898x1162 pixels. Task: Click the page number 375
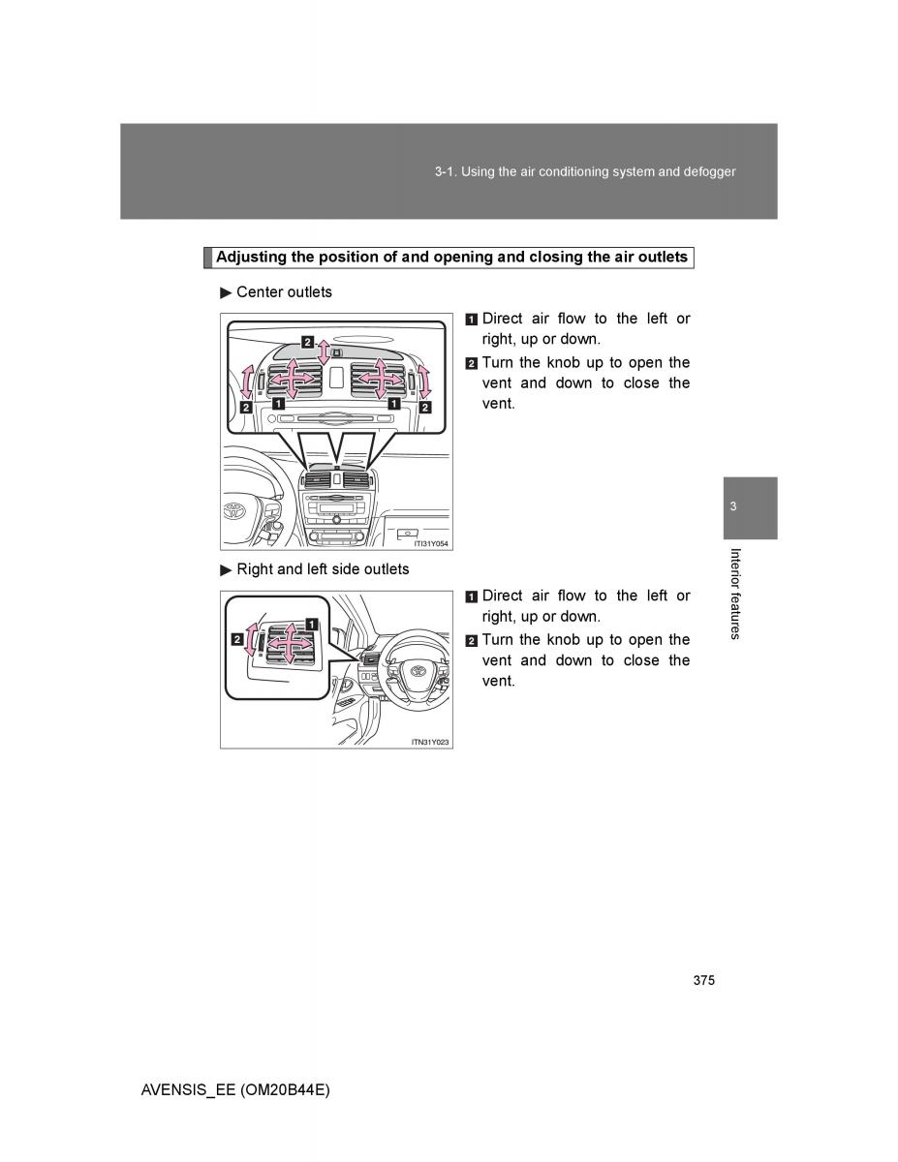pyautogui.click(x=704, y=981)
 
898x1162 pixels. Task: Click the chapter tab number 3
pyautogui.click(x=733, y=507)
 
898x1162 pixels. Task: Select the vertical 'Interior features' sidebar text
pyautogui.click(x=735, y=594)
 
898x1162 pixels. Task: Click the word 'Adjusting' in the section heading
pyautogui.click(x=249, y=258)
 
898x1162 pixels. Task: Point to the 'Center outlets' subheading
pyautogui.click(x=284, y=292)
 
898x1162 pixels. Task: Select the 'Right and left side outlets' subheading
pyautogui.click(x=323, y=569)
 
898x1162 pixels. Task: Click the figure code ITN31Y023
pyautogui.click(x=431, y=742)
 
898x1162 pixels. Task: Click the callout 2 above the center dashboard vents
pyautogui.click(x=307, y=342)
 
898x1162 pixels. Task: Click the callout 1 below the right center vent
pyautogui.click(x=394, y=405)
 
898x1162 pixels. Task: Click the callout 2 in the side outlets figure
pyautogui.click(x=236, y=639)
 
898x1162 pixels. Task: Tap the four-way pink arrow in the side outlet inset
pyautogui.click(x=289, y=641)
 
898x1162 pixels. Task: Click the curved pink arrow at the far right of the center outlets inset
pyautogui.click(x=424, y=381)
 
